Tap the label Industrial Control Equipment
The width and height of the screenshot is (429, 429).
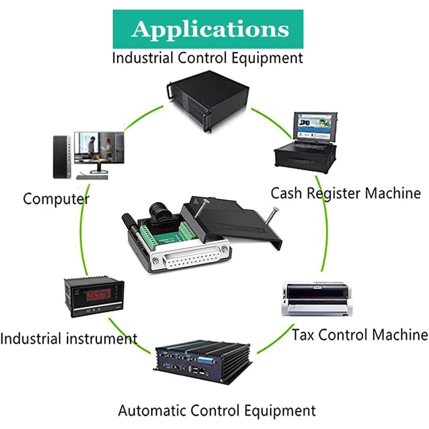pyautogui.click(x=207, y=57)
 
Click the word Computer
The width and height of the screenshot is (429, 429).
pyautogui.click(x=56, y=199)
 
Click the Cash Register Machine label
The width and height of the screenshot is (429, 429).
pyautogui.click(x=345, y=193)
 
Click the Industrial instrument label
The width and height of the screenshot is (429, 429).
pyautogui.click(x=69, y=339)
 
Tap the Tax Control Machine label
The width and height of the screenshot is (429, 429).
pyautogui.click(x=360, y=334)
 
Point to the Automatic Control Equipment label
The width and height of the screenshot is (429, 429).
pyautogui.click(x=217, y=411)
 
